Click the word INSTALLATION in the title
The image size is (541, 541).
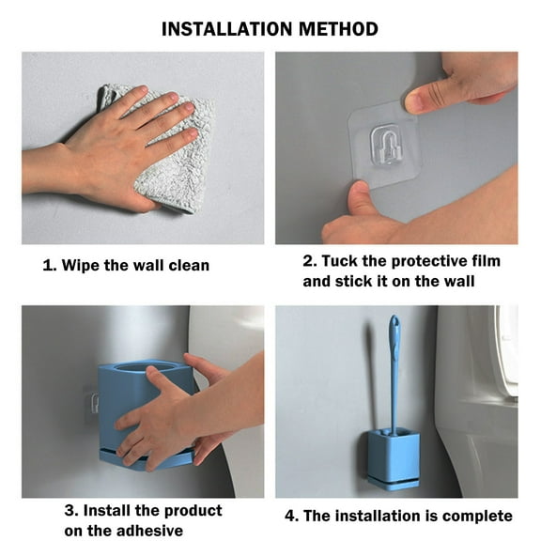coord(226,29)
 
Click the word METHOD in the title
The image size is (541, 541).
coord(338,29)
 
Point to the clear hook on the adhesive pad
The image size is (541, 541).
coord(386,144)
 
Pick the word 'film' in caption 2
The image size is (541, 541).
coord(487,261)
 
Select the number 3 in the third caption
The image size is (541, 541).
coord(70,511)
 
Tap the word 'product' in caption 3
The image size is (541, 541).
coord(193,511)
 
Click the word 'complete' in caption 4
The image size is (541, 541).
coord(477,517)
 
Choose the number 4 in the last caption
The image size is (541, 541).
coord(290,517)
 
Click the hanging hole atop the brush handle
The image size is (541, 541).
coord(394,322)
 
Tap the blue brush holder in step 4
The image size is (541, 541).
coord(394,459)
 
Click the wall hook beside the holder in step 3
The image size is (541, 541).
coord(93,401)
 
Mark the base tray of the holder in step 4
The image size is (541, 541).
coord(394,484)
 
